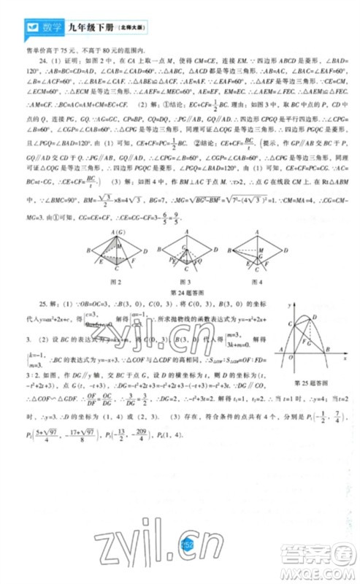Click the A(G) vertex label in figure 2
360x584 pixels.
pos(114,232)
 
